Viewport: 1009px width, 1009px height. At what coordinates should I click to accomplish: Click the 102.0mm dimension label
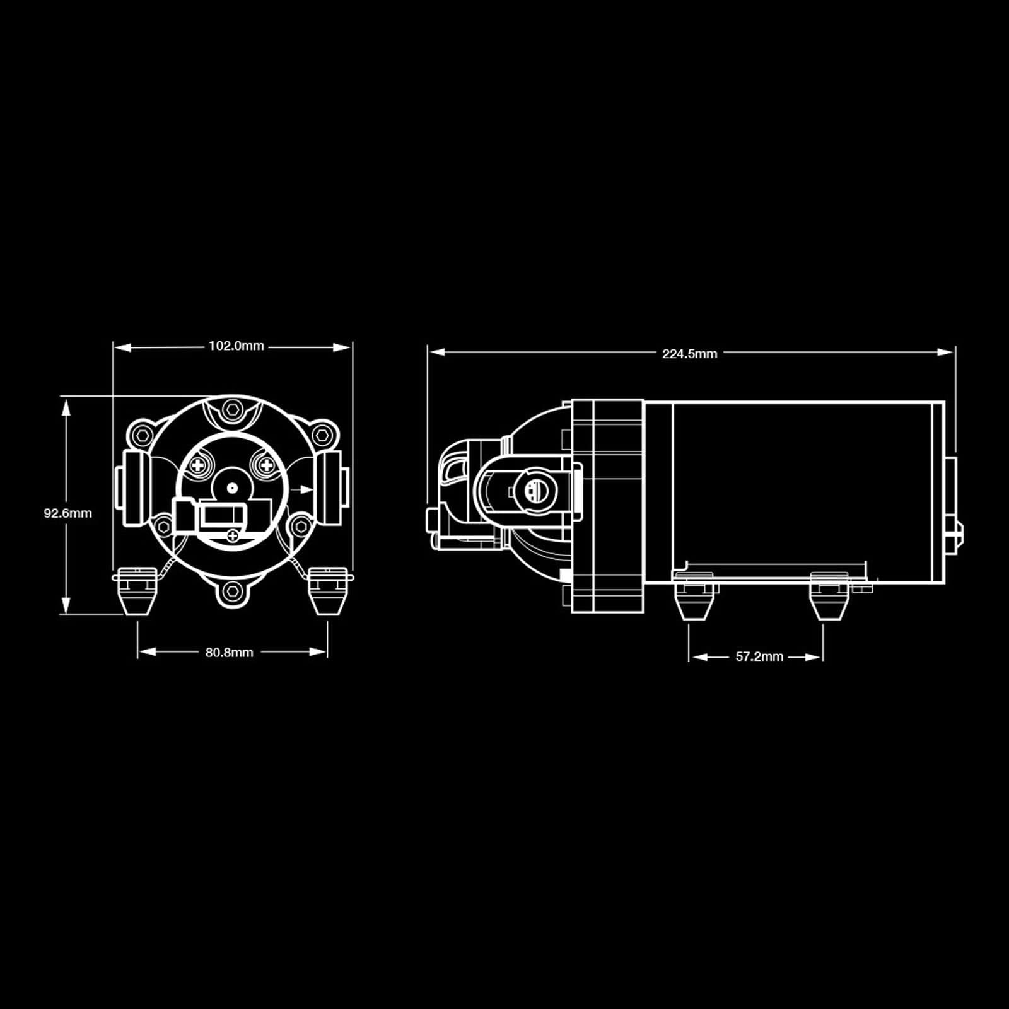point(236,346)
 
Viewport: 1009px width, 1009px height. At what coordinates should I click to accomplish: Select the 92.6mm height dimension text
point(67,513)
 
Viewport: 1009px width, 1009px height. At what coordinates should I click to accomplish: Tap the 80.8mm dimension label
point(229,653)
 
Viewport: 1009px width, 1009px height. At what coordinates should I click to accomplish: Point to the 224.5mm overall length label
point(689,354)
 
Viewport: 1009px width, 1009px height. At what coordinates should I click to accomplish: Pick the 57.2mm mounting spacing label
point(759,656)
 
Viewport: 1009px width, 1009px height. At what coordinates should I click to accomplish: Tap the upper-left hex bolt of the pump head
point(141,435)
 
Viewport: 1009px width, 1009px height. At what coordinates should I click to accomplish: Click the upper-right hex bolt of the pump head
point(324,435)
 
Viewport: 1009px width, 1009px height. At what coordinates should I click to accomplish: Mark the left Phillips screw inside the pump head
point(200,466)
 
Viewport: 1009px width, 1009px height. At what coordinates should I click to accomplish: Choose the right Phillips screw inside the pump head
point(266,466)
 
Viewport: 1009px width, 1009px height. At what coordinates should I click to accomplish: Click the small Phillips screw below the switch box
point(233,537)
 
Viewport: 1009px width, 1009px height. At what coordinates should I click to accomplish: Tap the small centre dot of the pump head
point(233,487)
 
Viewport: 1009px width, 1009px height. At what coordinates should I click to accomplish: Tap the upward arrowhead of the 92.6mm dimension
point(65,404)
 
